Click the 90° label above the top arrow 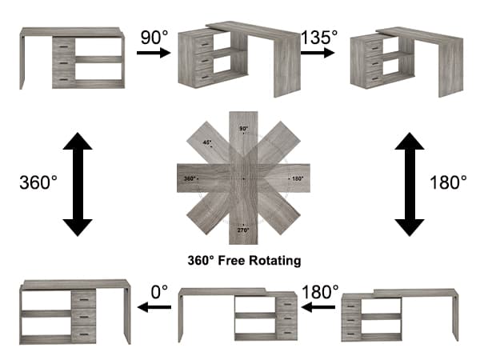click(x=154, y=38)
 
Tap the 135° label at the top click(x=319, y=38)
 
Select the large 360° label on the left click(x=38, y=182)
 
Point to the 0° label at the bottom click(x=159, y=292)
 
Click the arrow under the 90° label click(x=154, y=53)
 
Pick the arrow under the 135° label click(x=318, y=53)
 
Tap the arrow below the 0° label click(x=154, y=307)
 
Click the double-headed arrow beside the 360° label click(x=78, y=184)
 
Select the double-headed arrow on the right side click(x=410, y=184)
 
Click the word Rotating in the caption click(x=275, y=261)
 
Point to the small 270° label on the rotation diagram click(x=243, y=230)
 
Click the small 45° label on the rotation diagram click(x=207, y=142)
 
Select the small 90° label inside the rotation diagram click(x=244, y=129)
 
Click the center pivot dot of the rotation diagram click(x=243, y=178)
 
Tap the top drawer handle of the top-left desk click(x=64, y=46)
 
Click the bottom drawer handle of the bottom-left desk click(x=83, y=334)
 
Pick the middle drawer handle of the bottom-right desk click(x=351, y=320)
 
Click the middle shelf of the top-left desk click(x=99, y=59)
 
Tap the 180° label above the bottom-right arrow click(x=321, y=292)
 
